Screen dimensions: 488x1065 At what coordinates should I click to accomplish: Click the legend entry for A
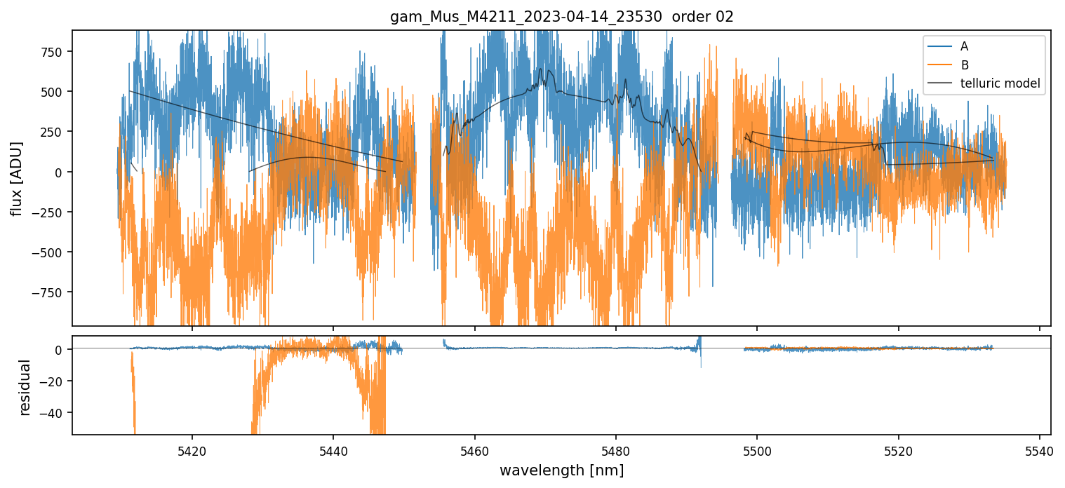(x=964, y=46)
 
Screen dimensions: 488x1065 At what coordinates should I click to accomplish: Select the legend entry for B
(x=964, y=65)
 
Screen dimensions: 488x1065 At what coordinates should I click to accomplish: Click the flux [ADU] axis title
(x=15, y=178)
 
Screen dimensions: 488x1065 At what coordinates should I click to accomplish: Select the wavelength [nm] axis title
(x=561, y=470)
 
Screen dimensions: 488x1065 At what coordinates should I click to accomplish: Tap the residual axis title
(x=25, y=387)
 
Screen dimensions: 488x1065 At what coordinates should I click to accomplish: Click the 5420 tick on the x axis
(x=192, y=449)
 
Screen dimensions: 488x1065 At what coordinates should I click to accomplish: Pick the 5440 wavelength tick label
(x=333, y=449)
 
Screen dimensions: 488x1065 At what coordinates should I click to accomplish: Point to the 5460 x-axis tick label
(x=475, y=449)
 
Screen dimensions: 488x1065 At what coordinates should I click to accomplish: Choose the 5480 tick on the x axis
(x=616, y=449)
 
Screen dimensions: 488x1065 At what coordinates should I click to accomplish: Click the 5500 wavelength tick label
(x=758, y=449)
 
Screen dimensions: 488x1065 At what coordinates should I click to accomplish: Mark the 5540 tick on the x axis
(x=1040, y=449)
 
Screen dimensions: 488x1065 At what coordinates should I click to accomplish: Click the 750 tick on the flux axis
(x=52, y=52)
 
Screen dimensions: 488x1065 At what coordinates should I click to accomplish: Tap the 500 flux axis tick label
(x=52, y=92)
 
